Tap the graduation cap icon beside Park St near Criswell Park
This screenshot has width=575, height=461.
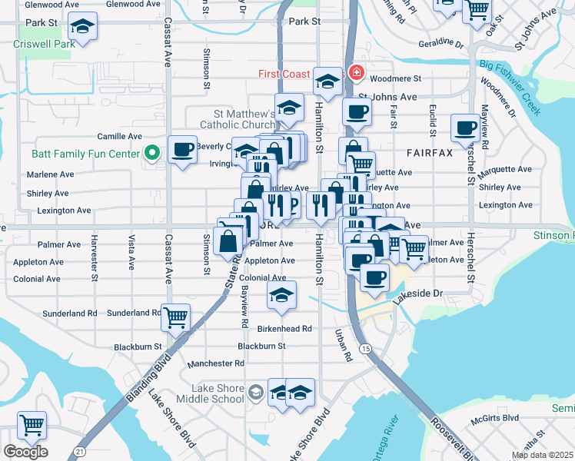point(79,29)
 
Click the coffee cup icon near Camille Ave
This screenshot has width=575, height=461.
point(183,150)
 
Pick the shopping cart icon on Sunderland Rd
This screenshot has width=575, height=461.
point(176,315)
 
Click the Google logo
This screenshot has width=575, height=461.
point(25,452)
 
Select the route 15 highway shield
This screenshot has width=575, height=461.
point(366,349)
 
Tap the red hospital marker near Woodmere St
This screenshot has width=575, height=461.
point(356,73)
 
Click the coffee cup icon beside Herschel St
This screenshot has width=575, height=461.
point(464,128)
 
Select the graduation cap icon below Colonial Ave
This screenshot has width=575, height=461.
point(282,295)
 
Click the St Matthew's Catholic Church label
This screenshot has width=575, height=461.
point(238,119)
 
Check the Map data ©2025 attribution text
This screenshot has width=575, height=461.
point(542,455)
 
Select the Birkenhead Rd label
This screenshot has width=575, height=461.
point(284,329)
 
